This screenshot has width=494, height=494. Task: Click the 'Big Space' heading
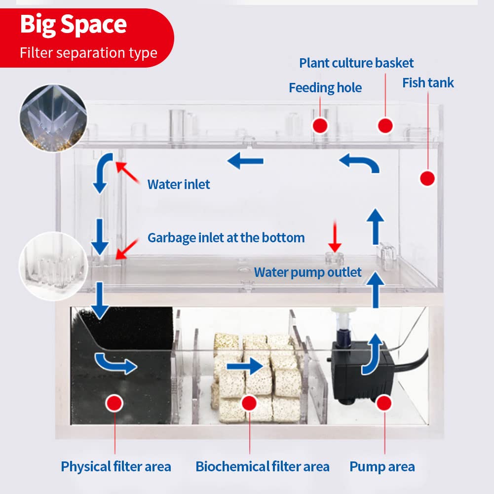[x=73, y=25]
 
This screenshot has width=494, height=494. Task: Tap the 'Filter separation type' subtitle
[x=88, y=52]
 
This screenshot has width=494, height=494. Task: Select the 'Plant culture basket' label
[x=356, y=63]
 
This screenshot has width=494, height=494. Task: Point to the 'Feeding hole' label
[x=325, y=88]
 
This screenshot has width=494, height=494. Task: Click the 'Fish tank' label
[x=428, y=82]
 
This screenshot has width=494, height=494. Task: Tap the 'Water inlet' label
[x=179, y=185]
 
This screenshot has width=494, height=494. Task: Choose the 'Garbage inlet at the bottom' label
[x=226, y=238]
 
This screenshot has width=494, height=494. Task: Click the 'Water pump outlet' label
[x=307, y=272]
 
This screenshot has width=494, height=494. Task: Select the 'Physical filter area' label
[x=116, y=466]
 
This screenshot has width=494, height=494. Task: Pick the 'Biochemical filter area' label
[x=262, y=466]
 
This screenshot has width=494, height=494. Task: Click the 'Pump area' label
[x=382, y=466]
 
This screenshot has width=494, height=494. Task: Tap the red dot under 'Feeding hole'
[x=321, y=125]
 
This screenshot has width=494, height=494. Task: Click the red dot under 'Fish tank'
[x=427, y=178]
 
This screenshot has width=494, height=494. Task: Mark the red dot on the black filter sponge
[x=115, y=403]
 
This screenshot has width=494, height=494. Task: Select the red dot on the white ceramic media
[x=250, y=403]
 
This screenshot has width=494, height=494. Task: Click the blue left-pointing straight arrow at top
[x=245, y=160]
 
